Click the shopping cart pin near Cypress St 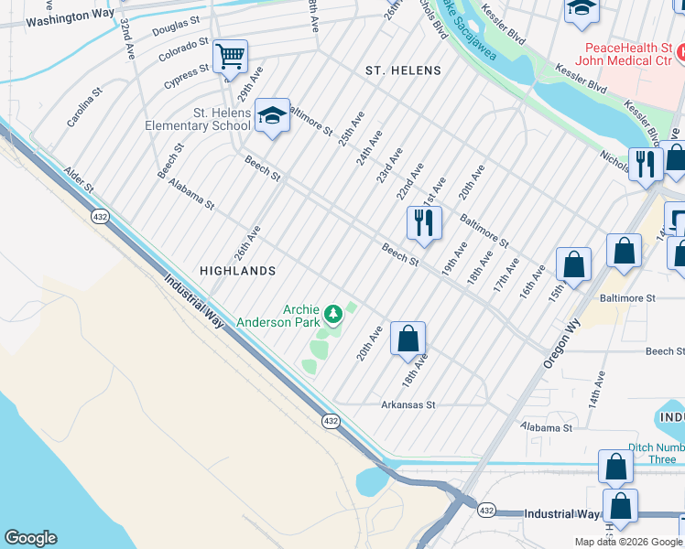pos(230,58)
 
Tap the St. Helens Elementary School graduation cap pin pos(271,115)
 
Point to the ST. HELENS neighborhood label pos(403,70)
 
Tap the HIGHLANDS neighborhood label pos(238,271)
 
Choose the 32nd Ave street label pos(127,41)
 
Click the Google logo pos(30,538)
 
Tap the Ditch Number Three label pos(655,454)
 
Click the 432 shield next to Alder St pos(101,216)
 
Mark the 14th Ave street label pos(597,388)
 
